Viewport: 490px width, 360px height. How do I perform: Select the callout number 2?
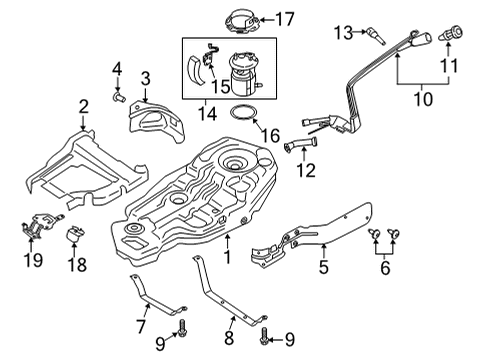tap(84, 105)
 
